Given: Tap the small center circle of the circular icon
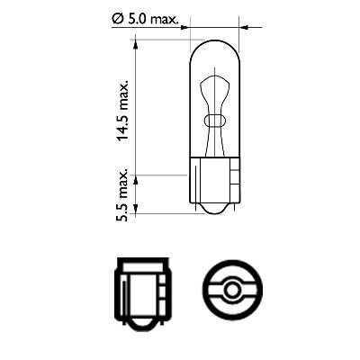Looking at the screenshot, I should click(231, 290).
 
